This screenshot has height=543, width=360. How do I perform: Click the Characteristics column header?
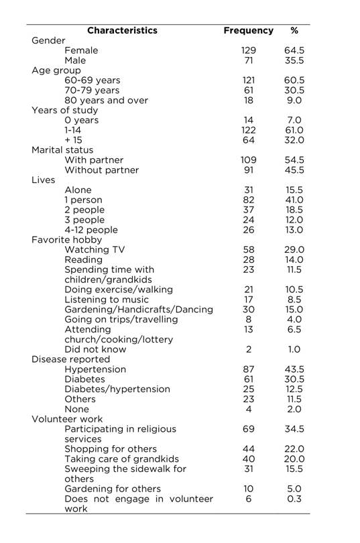tap(122, 30)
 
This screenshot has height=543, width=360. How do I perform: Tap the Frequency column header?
tap(248, 30)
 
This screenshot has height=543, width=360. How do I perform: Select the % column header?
tap(294, 30)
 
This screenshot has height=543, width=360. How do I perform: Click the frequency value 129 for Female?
tap(249, 50)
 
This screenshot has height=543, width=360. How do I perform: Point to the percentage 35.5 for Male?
tap(294, 60)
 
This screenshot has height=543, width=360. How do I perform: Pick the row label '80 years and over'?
tap(106, 100)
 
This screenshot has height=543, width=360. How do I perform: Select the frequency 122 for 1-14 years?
tap(249, 130)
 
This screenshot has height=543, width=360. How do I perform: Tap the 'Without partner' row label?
tap(101, 170)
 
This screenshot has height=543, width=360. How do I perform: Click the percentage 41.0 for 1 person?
tap(294, 200)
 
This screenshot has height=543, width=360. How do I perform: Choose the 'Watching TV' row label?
tap(95, 249)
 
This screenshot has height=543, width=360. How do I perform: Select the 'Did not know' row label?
tap(95, 349)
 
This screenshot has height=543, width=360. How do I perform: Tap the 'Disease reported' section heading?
tap(69, 359)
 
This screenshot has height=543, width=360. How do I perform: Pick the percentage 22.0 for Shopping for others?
tap(294, 448)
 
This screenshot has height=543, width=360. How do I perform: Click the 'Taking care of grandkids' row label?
tap(119, 459)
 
